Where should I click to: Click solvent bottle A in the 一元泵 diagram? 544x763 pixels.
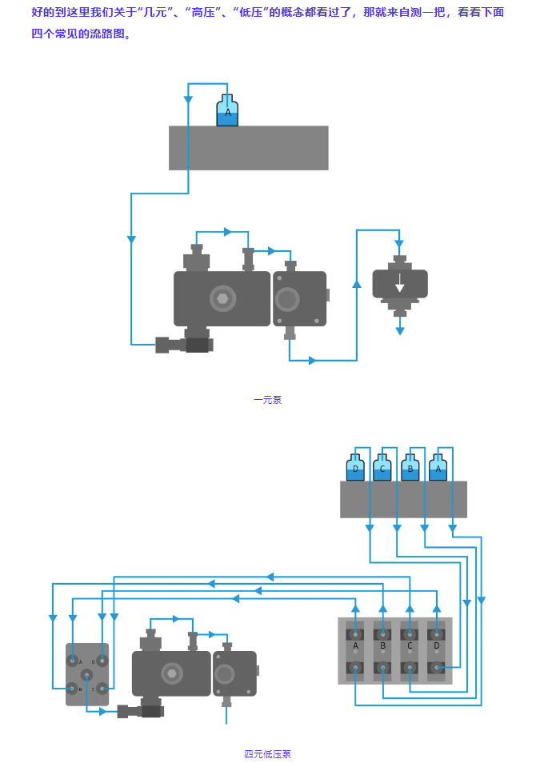click(x=227, y=112)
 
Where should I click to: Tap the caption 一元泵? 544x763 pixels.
click(x=267, y=400)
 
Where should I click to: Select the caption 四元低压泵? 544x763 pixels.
click(x=267, y=754)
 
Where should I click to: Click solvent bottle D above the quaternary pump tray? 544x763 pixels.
click(x=355, y=469)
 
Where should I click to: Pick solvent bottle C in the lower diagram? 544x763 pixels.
click(x=382, y=469)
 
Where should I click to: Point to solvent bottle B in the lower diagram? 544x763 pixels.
click(x=410, y=469)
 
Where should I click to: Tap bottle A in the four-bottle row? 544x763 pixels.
click(x=438, y=469)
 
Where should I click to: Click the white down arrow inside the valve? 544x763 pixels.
click(x=400, y=288)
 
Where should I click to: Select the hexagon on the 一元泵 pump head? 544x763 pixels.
click(x=222, y=298)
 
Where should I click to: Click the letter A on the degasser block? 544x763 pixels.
click(x=355, y=645)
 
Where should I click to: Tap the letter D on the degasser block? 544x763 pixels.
click(x=437, y=645)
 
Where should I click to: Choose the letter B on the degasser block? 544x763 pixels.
click(x=382, y=645)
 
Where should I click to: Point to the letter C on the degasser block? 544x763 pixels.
click(x=410, y=645)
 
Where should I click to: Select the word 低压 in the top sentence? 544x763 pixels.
click(x=253, y=13)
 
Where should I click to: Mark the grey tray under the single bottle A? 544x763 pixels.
click(x=248, y=148)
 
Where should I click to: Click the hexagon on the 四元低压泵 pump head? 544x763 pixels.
click(x=172, y=673)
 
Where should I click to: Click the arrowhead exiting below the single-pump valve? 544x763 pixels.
click(x=400, y=330)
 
